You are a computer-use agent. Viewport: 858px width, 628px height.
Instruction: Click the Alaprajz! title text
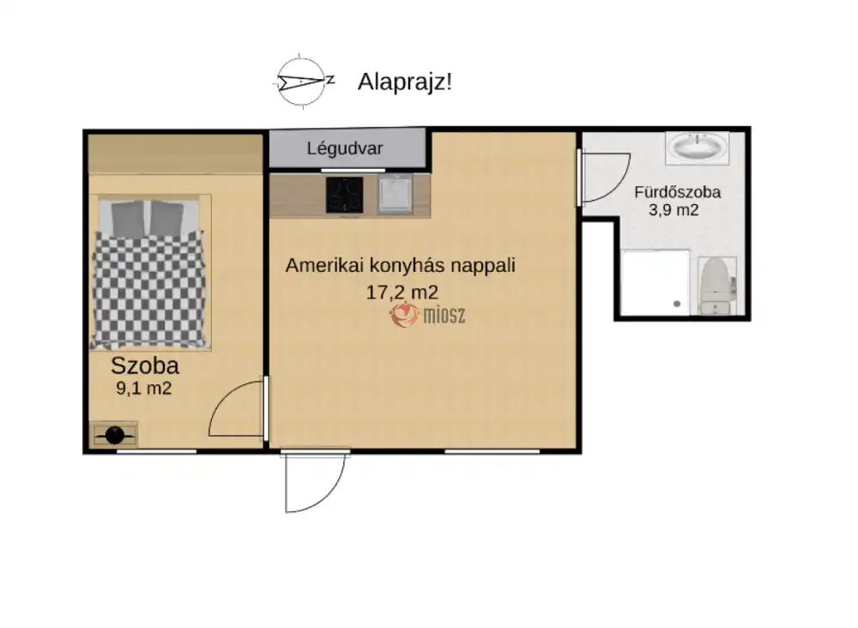pos(405,82)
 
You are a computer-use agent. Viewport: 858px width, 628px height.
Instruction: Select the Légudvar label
pos(345,148)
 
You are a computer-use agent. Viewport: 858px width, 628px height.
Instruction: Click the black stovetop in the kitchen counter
pos(345,195)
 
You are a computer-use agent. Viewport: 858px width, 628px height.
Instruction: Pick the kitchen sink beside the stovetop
pos(395,194)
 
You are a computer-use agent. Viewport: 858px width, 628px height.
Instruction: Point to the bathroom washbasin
pos(698,148)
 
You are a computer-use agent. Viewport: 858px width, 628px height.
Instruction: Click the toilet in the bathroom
pos(716,286)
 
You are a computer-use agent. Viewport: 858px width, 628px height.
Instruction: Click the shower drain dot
pos(677,304)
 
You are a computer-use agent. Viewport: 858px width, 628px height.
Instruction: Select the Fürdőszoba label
pos(678,192)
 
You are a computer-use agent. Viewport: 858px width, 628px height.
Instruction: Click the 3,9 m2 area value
pos(674,210)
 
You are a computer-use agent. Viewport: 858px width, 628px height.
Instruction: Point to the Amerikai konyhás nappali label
pos(401,265)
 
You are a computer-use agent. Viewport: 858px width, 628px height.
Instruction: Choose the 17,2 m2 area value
pos(402,292)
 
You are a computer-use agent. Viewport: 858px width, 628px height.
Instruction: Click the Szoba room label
pos(145,365)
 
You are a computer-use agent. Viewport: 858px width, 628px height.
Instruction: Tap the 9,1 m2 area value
pos(144,389)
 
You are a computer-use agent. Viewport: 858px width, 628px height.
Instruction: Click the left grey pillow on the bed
pos(128,218)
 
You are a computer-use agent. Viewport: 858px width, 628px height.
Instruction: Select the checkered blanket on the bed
pos(148,290)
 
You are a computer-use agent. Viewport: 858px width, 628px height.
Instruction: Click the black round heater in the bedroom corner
pos(115,436)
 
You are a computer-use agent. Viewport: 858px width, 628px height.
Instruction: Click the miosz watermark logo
pos(427,315)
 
